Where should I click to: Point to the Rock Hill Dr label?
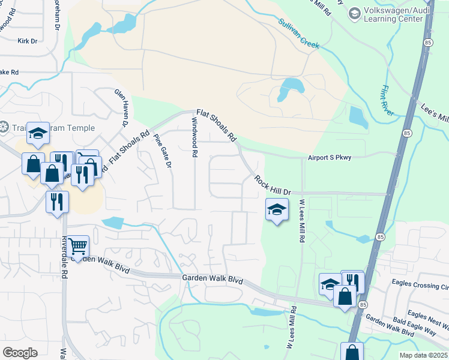[x=272, y=185]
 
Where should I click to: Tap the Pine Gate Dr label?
[x=163, y=151]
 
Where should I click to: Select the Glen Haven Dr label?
[x=122, y=107]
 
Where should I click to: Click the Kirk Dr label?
[x=28, y=41]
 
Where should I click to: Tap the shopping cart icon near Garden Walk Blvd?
[x=78, y=246]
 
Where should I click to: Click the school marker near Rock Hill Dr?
[x=276, y=210]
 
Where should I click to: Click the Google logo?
[x=20, y=352]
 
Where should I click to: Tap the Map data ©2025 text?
[x=423, y=355]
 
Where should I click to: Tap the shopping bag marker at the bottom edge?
[x=352, y=352]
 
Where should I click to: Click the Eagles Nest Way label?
[x=427, y=319]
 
